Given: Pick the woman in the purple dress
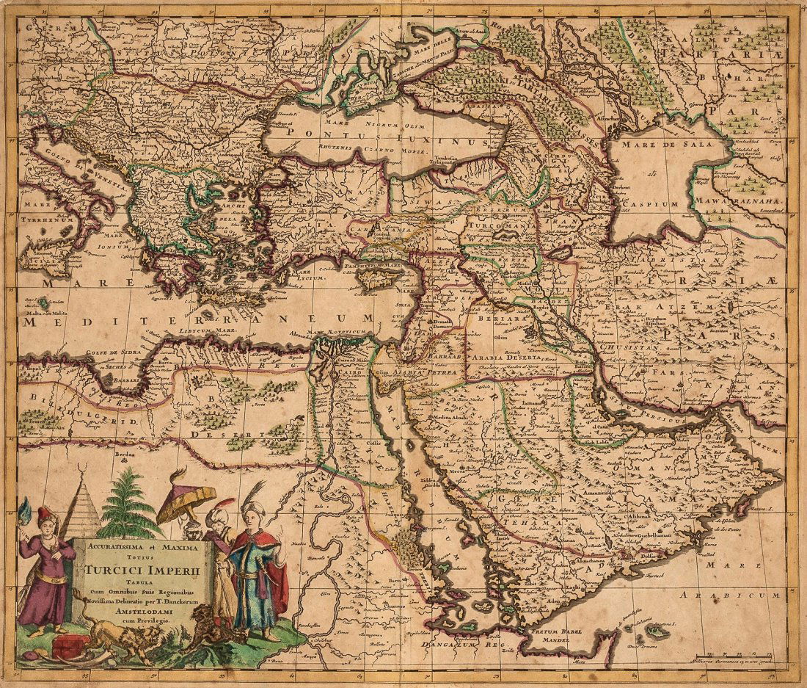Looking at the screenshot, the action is [46, 573].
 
